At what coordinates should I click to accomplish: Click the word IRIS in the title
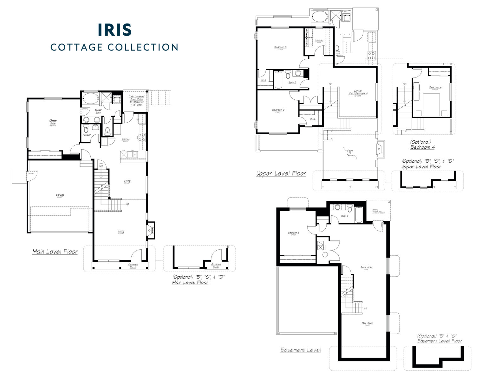click(114, 30)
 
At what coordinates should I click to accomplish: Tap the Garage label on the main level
click(60, 195)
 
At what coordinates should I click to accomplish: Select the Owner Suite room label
click(53, 122)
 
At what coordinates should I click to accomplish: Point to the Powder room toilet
click(86, 129)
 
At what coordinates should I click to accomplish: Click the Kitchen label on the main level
click(125, 139)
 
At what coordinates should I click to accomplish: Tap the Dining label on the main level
click(127, 181)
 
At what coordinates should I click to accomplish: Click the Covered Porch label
click(133, 266)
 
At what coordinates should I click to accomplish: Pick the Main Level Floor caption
click(55, 252)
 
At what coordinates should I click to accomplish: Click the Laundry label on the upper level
click(319, 41)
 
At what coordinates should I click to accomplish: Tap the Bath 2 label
click(292, 82)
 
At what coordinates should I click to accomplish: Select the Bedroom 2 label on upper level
click(278, 110)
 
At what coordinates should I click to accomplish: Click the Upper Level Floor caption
click(281, 173)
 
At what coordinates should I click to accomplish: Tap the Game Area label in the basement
click(366, 267)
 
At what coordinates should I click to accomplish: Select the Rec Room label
click(368, 323)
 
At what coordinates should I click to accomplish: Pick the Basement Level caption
click(301, 350)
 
